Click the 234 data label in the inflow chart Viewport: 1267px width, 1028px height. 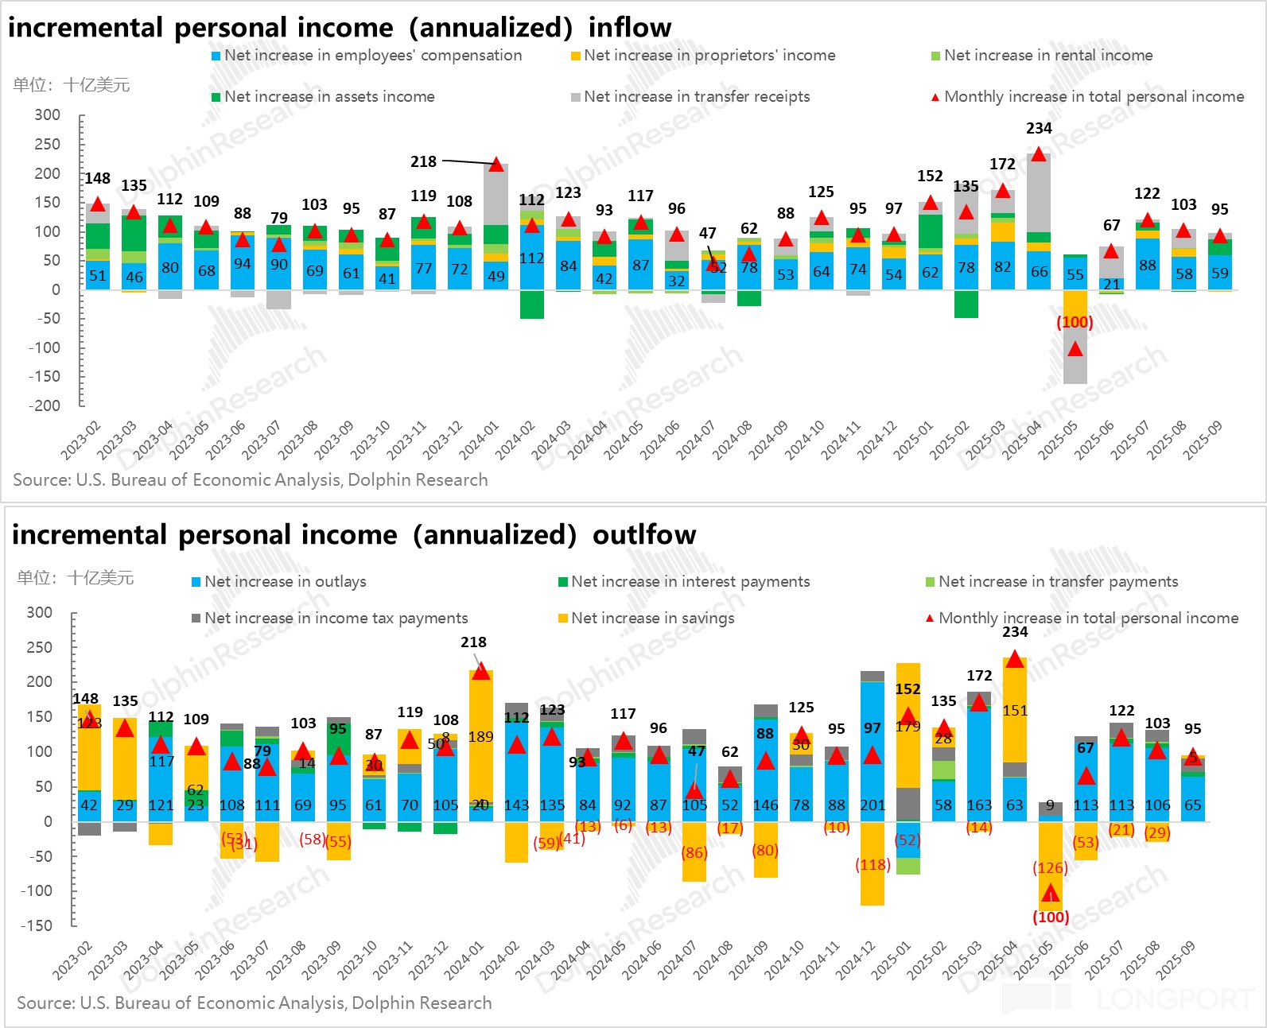(1039, 128)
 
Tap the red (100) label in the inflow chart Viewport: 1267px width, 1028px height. (1075, 322)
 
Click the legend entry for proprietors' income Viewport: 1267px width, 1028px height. (703, 56)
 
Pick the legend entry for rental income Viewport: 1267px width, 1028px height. (1042, 56)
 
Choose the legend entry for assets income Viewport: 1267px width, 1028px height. (323, 97)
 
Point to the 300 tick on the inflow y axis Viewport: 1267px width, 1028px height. (48, 115)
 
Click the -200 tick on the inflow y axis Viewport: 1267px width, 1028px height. (45, 405)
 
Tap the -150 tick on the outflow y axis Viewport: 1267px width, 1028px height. (37, 925)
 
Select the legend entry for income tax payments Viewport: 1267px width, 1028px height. (329, 619)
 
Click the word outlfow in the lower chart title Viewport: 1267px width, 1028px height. (644, 535)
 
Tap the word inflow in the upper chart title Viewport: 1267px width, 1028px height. (630, 28)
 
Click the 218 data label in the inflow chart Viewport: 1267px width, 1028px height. (423, 161)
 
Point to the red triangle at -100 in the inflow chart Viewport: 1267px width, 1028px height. (1075, 349)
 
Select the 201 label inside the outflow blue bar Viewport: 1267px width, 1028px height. (873, 805)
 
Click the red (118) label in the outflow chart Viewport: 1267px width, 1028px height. (873, 864)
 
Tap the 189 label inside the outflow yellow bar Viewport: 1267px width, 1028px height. (480, 736)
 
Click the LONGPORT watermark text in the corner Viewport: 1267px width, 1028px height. (1174, 999)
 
